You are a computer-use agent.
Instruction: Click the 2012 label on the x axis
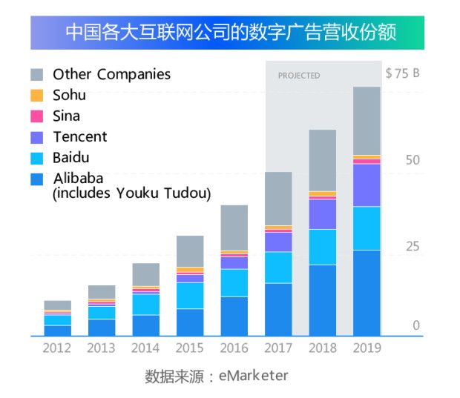point(57,348)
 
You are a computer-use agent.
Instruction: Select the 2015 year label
point(190,348)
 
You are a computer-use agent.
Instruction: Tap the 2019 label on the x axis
point(367,348)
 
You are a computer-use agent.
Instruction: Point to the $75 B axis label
point(402,73)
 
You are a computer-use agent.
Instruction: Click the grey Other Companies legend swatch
point(37,75)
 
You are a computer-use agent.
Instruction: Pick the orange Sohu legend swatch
point(37,96)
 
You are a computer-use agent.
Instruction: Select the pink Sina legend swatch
point(37,116)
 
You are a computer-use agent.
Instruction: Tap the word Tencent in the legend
point(79,137)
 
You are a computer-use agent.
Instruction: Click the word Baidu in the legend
point(72,158)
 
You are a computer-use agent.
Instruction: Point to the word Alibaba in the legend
point(78,179)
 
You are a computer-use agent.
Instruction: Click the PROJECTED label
point(299,76)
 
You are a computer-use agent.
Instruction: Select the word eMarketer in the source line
point(253,376)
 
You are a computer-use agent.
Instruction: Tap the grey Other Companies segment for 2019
point(367,120)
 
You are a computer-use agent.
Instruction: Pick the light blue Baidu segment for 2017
point(278,268)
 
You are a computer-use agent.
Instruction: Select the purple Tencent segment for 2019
point(367,185)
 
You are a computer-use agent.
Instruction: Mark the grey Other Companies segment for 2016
point(234,228)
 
